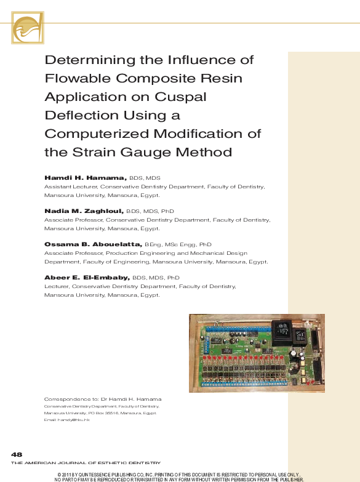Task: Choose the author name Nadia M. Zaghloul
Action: point(84,211)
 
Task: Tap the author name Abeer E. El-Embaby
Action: point(87,278)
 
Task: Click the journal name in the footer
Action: point(86,462)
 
